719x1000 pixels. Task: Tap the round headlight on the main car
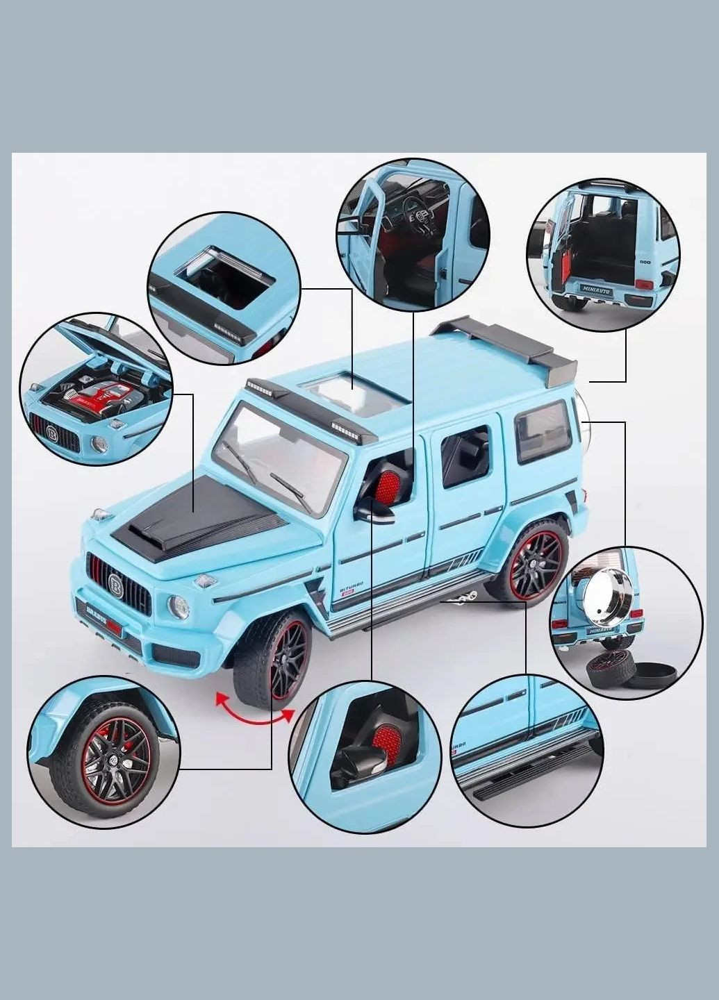coord(179,608)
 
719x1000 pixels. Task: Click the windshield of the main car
coord(278,455)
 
